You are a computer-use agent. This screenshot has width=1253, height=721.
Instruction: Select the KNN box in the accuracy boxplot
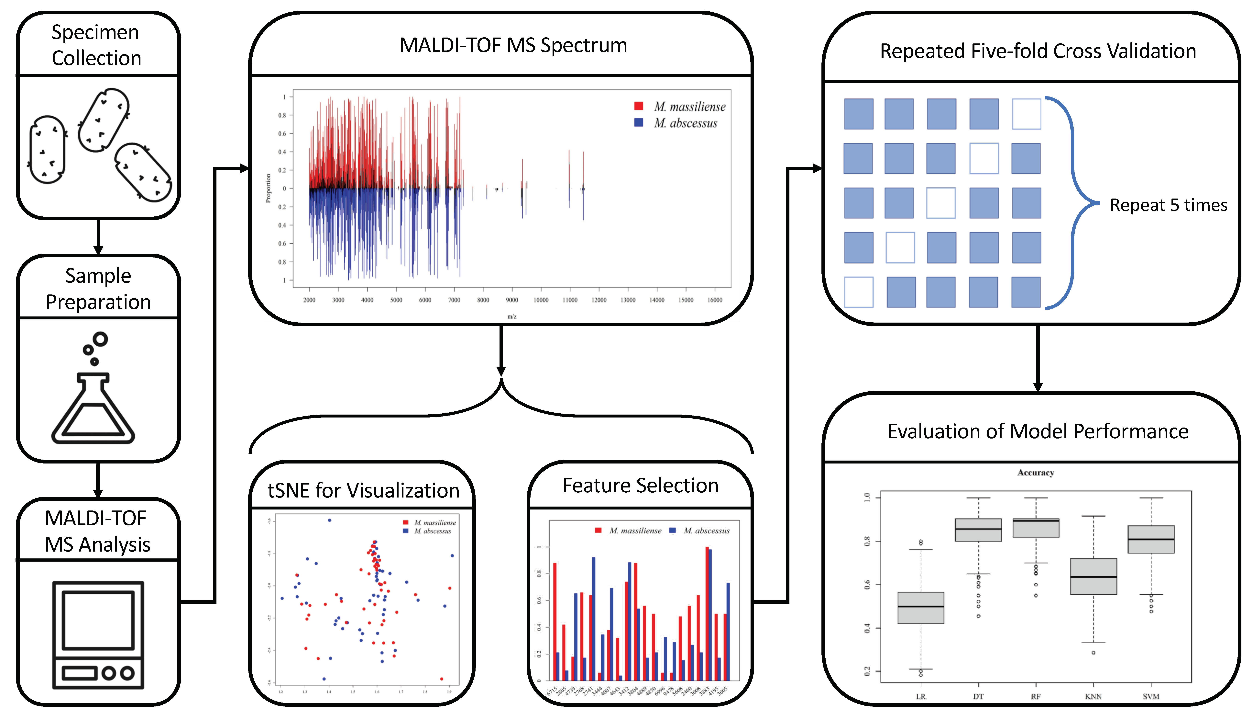pyautogui.click(x=1093, y=576)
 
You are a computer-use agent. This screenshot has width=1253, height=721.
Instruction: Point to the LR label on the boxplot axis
pyautogui.click(x=920, y=696)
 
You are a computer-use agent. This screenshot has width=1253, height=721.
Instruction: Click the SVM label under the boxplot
pyautogui.click(x=1151, y=696)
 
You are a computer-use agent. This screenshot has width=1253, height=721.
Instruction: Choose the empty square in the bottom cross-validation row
pyautogui.click(x=859, y=292)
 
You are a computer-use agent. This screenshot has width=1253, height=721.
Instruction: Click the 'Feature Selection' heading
pyautogui.click(x=640, y=485)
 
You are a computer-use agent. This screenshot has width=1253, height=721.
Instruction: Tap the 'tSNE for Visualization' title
pyautogui.click(x=363, y=490)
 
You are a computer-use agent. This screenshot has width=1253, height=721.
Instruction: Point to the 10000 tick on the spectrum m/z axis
pyautogui.click(x=541, y=300)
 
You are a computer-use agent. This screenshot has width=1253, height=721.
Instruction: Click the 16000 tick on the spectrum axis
pyautogui.click(x=715, y=300)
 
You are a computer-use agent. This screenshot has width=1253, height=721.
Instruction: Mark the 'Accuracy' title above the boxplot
pyautogui.click(x=1036, y=472)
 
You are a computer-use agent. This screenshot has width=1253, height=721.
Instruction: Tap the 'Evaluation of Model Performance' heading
pyautogui.click(x=1038, y=431)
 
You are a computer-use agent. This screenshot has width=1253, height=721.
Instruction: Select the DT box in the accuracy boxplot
pyautogui.click(x=978, y=530)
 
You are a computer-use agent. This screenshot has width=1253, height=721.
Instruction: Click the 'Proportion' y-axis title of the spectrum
pyautogui.click(x=268, y=188)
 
